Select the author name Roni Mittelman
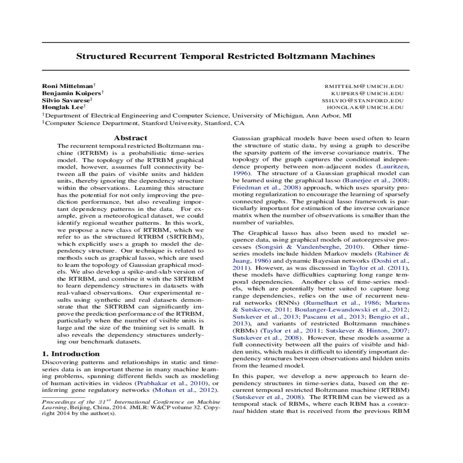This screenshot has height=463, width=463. coord(68,86)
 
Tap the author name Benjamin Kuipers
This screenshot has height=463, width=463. coord(71,93)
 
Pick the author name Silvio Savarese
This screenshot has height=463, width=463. coord(66,100)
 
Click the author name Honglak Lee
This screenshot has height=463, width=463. coord(63,107)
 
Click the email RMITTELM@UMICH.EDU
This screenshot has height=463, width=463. coord(363,86)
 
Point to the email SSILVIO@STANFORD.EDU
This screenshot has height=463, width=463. coord(362,100)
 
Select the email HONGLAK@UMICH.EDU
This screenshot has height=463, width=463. coord(365,107)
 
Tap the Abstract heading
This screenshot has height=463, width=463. coord(130,138)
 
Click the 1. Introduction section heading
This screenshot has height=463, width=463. coord(71,354)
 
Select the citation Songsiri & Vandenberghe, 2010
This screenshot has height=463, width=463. coord(309,247)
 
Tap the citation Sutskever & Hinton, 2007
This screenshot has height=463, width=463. coord(366,331)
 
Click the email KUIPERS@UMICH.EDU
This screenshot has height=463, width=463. coord(367,93)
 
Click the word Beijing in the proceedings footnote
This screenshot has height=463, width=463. coord(80,407)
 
